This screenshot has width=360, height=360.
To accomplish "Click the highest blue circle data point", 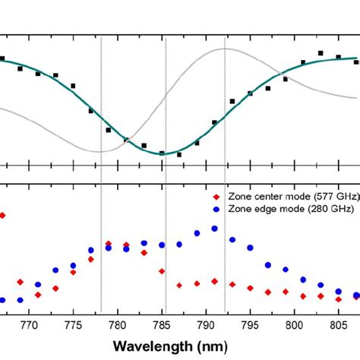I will [215, 228].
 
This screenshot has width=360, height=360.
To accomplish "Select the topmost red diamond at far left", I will [2, 216].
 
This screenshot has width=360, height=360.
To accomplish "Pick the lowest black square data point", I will [179, 154].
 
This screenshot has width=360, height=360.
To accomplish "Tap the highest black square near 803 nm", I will [321, 53].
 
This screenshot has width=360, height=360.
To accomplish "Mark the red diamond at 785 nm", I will [162, 271].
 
